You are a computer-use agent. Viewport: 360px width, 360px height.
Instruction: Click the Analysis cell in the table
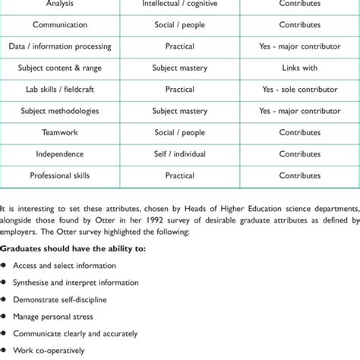click(60, 3)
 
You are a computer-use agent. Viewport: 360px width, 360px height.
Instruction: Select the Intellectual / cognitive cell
click(179, 3)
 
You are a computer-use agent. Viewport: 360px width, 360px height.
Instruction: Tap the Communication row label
click(60, 24)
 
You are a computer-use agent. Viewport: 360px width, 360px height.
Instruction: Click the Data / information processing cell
click(60, 46)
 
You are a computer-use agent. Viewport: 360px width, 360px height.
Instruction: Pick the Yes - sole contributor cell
click(299, 90)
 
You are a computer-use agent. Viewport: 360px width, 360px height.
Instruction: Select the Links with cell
click(299, 68)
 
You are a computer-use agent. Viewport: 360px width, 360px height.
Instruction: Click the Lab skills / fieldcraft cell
click(60, 90)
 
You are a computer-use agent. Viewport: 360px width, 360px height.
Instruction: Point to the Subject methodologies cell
click(60, 111)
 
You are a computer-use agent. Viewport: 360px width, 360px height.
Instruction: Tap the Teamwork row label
click(60, 132)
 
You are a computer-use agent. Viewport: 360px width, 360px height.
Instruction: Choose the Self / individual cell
click(179, 154)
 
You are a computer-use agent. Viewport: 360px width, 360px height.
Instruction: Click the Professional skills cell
click(60, 175)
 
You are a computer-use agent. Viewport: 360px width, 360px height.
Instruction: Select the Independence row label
click(60, 154)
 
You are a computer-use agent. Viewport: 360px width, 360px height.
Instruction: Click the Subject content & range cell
click(60, 68)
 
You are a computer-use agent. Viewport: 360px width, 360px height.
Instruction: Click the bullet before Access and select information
click(5, 266)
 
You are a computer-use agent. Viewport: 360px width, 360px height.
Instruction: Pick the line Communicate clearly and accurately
click(75, 333)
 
